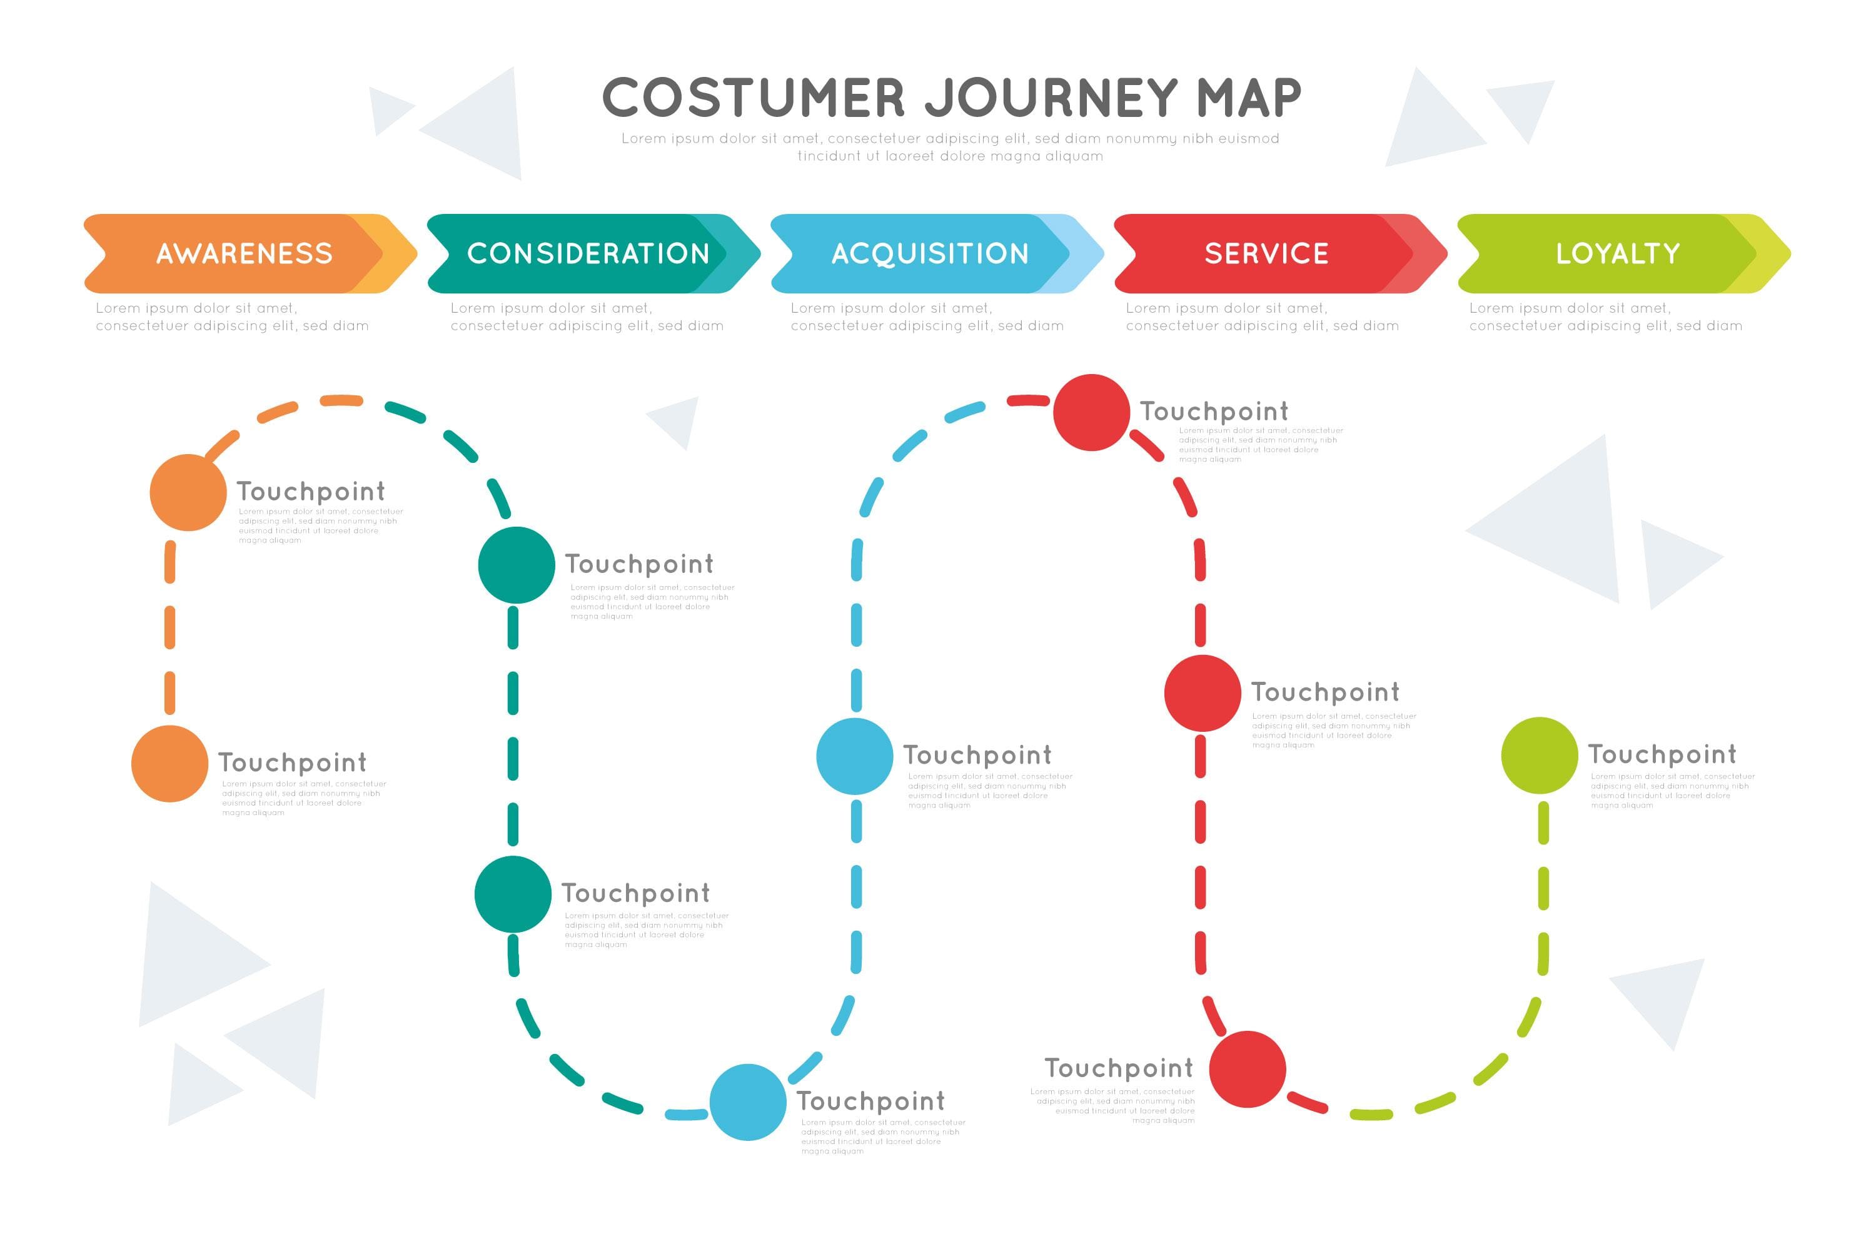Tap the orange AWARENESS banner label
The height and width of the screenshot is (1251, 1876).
click(244, 254)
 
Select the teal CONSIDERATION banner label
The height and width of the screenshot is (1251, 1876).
click(588, 254)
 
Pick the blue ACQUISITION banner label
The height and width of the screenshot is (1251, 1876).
click(930, 254)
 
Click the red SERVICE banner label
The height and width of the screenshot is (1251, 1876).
click(1267, 254)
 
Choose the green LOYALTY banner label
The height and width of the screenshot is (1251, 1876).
click(1618, 254)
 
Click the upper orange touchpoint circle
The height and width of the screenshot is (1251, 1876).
click(188, 492)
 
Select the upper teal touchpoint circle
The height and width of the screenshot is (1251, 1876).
click(516, 565)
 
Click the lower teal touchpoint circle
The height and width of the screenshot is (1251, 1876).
click(513, 894)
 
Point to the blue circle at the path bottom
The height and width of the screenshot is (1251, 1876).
click(748, 1102)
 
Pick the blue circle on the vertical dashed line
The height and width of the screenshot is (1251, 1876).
click(854, 756)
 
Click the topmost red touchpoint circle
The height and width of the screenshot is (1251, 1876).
click(1091, 412)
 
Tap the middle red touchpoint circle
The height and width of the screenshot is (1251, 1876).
click(1202, 693)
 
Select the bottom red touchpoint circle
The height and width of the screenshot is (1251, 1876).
click(1248, 1069)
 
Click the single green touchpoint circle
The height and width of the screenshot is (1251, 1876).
click(1540, 756)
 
